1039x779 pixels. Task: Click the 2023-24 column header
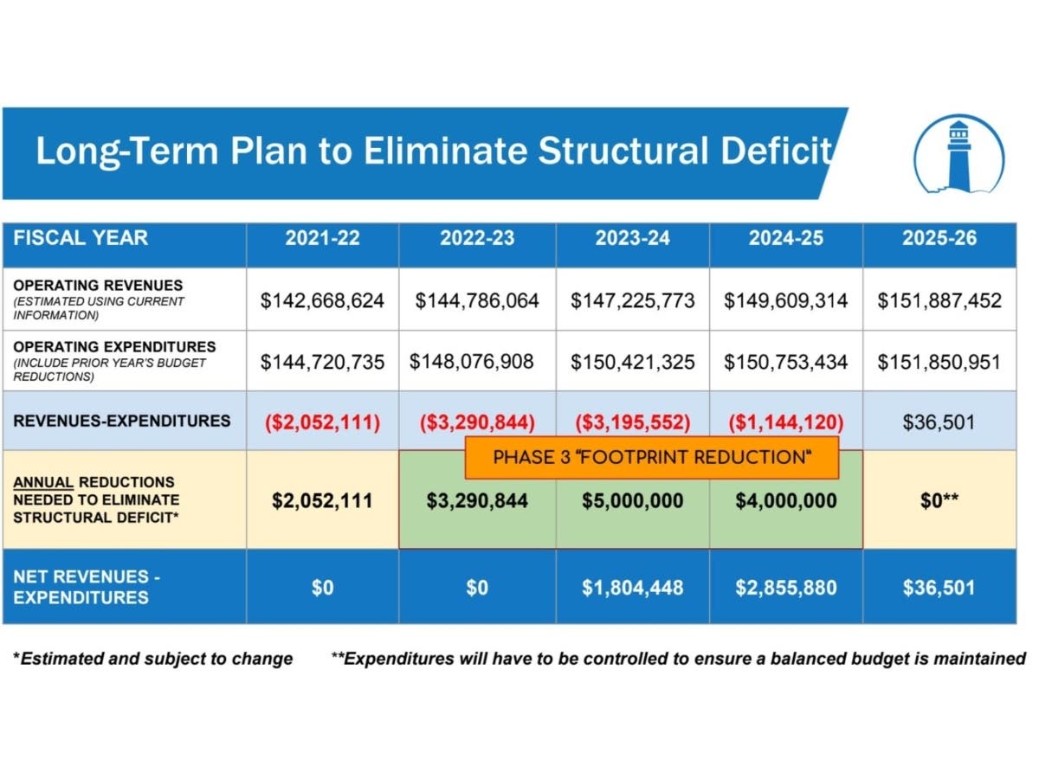(632, 238)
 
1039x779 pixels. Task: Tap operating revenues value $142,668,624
(322, 300)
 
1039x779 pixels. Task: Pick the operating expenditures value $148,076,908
(471, 361)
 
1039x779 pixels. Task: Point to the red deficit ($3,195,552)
(632, 422)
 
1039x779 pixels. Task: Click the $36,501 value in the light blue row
(939, 422)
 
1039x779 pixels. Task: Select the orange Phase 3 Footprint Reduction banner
(651, 457)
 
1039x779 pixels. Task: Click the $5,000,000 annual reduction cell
(632, 500)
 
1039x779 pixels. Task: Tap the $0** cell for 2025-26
(939, 500)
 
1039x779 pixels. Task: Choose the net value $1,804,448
(632, 588)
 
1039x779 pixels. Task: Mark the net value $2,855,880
(786, 588)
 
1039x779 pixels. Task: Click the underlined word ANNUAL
(43, 482)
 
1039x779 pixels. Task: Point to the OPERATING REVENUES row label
(98, 286)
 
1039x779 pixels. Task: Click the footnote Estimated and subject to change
(152, 659)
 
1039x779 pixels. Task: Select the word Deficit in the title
(776, 151)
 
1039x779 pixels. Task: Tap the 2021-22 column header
(322, 238)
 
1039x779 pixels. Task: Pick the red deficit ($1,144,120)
(786, 422)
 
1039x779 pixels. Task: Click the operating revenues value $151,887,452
(939, 300)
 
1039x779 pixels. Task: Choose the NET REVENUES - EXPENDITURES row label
(87, 587)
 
